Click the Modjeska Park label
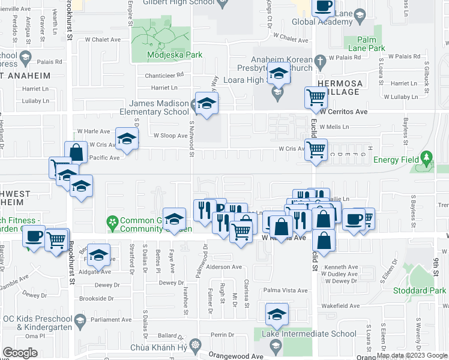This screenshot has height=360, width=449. click(175, 55)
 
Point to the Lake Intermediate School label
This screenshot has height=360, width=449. click(298, 334)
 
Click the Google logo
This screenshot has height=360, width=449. click(20, 353)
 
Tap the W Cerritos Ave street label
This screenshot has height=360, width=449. click(343, 112)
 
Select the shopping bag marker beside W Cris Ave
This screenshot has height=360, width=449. click(76, 152)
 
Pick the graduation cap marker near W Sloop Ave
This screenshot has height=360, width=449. click(127, 139)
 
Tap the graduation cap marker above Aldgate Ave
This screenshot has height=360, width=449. click(99, 256)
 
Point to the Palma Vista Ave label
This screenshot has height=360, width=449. click(286, 290)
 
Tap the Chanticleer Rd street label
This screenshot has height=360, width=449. click(164, 76)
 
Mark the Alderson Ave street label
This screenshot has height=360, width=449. click(225, 267)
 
